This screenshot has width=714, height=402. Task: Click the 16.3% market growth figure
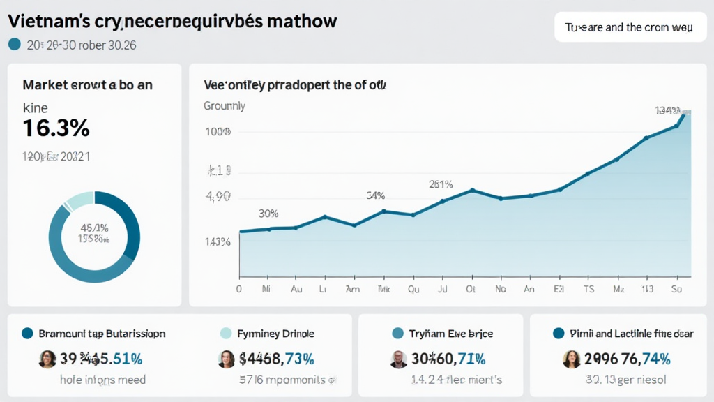[x=56, y=128]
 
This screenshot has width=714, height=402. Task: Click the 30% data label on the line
[x=268, y=214]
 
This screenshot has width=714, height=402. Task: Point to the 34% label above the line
[x=375, y=195]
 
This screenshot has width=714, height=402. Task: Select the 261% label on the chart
[x=441, y=185]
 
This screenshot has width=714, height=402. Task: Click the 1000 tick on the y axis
[x=218, y=132]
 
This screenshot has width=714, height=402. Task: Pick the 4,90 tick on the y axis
[x=218, y=197]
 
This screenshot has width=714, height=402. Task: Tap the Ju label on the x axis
[x=441, y=288]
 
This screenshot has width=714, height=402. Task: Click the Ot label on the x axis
[x=471, y=288]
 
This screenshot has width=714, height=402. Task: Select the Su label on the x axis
[x=676, y=288]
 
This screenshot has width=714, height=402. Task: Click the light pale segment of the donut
[x=80, y=199]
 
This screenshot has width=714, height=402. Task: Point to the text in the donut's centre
[x=94, y=233]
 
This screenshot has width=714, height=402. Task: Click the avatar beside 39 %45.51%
[x=47, y=359]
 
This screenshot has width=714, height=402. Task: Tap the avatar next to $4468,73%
[x=227, y=359]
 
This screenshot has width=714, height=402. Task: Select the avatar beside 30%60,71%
[x=398, y=359]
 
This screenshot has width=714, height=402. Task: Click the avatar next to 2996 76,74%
[x=571, y=359]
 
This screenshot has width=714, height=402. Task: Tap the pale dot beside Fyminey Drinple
[x=225, y=334]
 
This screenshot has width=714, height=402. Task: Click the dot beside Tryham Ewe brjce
[x=398, y=334]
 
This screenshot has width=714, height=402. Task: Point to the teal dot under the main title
[x=14, y=45]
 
